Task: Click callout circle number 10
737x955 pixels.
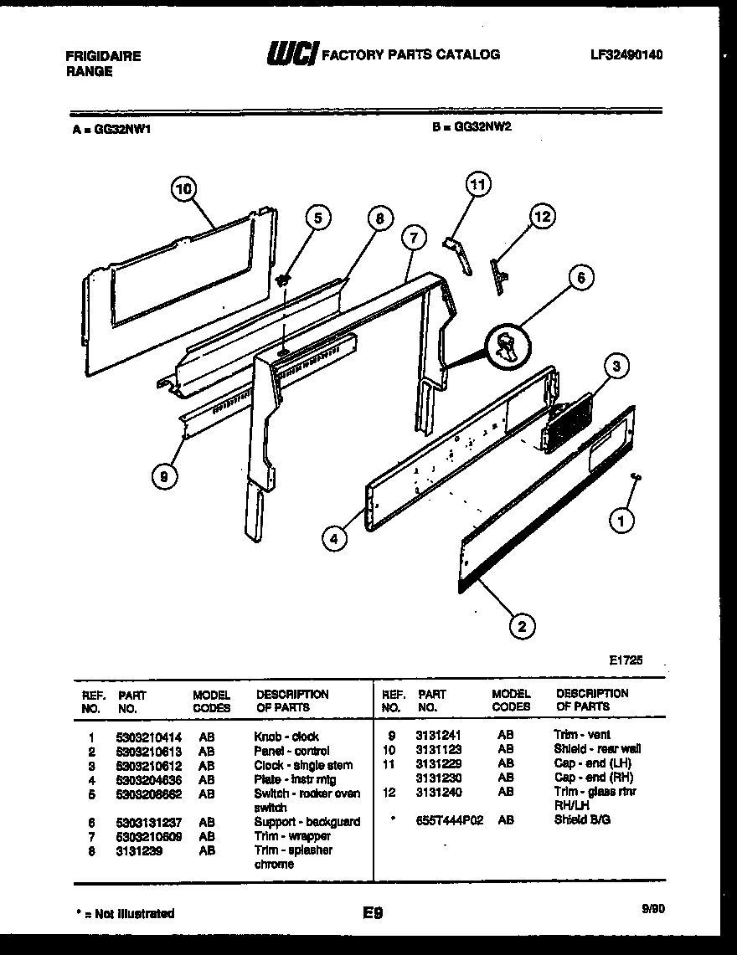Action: (183, 189)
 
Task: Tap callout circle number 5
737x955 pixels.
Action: (317, 218)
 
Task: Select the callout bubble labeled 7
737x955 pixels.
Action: (412, 238)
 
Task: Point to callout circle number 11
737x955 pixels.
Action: (477, 184)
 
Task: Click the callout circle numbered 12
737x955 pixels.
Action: (543, 217)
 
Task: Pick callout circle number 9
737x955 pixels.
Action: (164, 477)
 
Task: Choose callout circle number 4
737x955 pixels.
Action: (334, 540)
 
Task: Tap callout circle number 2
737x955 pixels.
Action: (521, 624)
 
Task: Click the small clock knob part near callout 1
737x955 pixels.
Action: (636, 475)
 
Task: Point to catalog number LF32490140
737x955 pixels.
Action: (626, 55)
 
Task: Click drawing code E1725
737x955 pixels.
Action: (625, 660)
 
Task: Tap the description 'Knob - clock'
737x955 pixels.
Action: (286, 737)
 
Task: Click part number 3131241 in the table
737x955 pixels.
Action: (438, 735)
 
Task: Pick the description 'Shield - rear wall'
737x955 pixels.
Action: (597, 749)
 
